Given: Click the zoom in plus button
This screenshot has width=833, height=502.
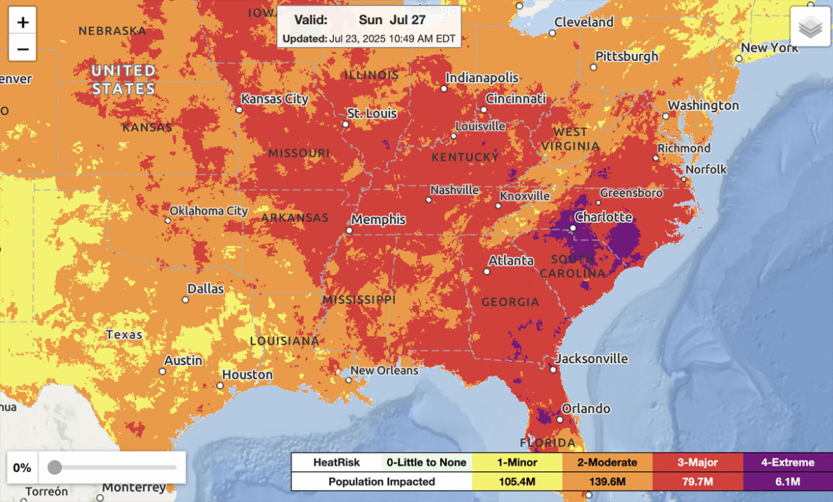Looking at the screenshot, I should pyautogui.click(x=23, y=22).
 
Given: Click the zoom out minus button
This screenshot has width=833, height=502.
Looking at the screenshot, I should pyautogui.click(x=23, y=49).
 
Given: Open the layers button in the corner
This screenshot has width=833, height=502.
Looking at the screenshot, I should pyautogui.click(x=810, y=28).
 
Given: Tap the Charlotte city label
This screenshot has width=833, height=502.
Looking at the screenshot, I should pyautogui.click(x=603, y=216).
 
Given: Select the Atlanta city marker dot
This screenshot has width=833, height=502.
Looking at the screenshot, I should pyautogui.click(x=488, y=271).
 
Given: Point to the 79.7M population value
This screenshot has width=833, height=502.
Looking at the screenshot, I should pyautogui.click(x=698, y=482).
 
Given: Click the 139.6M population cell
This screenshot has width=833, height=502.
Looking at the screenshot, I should pyautogui.click(x=607, y=482).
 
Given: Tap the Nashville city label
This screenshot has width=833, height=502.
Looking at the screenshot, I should pyautogui.click(x=454, y=190).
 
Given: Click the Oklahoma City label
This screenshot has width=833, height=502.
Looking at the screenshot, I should pyautogui.click(x=209, y=211).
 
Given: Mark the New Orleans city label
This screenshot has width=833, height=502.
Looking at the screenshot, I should pyautogui.click(x=384, y=370).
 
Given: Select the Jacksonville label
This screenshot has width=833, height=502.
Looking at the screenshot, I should pyautogui.click(x=592, y=358).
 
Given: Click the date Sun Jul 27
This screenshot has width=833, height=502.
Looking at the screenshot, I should pyautogui.click(x=392, y=20).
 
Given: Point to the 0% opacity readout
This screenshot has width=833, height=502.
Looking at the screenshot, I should pyautogui.click(x=22, y=468).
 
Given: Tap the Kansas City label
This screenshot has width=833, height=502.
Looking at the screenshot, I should pyautogui.click(x=275, y=99).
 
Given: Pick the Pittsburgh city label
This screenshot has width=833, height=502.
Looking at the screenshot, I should pyautogui.click(x=627, y=56).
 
